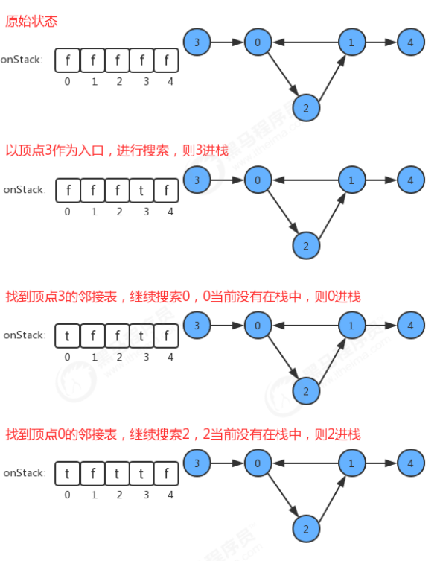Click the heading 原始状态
(31, 22)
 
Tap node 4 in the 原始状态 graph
(410, 43)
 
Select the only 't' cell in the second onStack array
(141, 190)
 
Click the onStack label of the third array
(24, 335)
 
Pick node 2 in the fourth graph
(305, 528)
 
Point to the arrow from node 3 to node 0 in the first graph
(227, 43)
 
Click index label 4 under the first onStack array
(170, 82)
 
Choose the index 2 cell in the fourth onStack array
(117, 472)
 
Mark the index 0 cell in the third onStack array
(68, 335)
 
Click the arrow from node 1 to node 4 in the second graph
(380, 180)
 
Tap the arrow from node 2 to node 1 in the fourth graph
(331, 495)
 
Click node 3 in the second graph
(197, 180)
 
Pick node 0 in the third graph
(258, 326)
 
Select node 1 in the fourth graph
(351, 463)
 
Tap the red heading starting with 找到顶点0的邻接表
(183, 434)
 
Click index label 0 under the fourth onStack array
(68, 494)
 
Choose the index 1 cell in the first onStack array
(93, 60)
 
